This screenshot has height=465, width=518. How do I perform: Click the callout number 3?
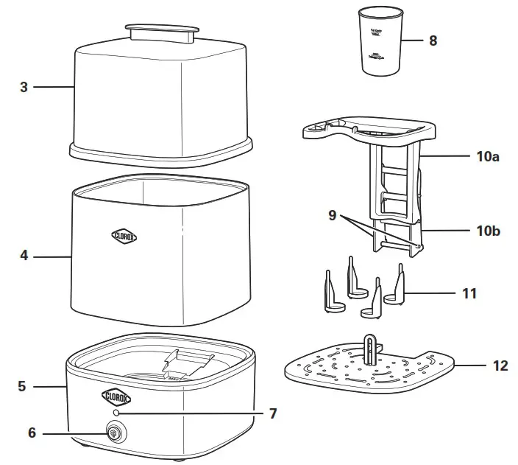pyautogui.click(x=24, y=87)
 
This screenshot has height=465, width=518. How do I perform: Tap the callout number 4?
pyautogui.click(x=24, y=256)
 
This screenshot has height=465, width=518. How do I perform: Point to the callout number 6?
pyautogui.click(x=32, y=433)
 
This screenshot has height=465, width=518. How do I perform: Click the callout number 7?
pyautogui.click(x=272, y=413)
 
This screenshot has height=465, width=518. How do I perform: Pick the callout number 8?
pyautogui.click(x=433, y=41)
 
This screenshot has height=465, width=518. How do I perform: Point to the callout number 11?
pyautogui.click(x=469, y=293)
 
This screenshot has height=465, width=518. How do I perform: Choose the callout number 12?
pyautogui.click(x=500, y=366)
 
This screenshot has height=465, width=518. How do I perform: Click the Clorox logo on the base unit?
pyautogui.click(x=116, y=396)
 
